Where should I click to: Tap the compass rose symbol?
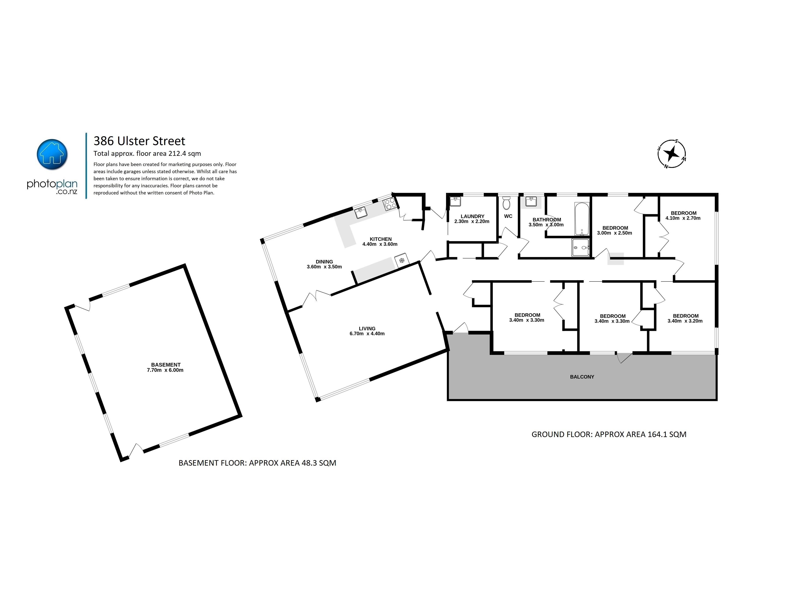pos(672,154)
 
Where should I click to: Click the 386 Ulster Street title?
pos(139,141)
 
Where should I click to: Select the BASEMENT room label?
pos(166,365)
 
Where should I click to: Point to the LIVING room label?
pos(367,329)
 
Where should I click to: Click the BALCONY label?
pos(582,377)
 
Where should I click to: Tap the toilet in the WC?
pos(506,203)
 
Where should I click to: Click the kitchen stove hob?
pos(391,204)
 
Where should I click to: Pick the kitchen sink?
pos(361,213)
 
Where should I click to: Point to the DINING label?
pos(324,262)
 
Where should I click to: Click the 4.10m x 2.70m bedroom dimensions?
pos(683,218)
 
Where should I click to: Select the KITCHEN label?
pos(381,239)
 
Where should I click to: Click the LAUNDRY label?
pos(472,216)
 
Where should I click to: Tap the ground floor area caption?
pos(609,434)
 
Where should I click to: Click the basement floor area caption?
pos(257,463)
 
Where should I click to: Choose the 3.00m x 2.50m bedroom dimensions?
pos(615,233)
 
